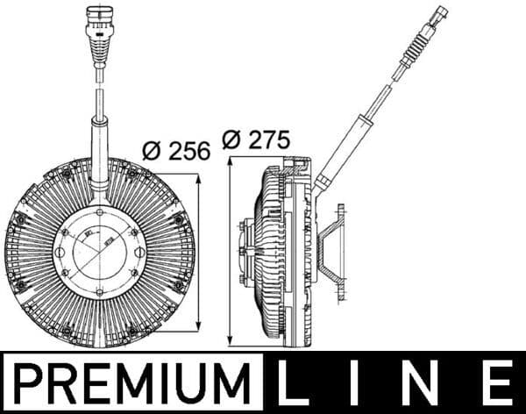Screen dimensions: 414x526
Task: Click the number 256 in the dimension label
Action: (x=189, y=150)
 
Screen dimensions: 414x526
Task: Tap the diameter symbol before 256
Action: (x=152, y=150)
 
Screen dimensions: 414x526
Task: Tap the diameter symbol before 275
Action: (x=232, y=139)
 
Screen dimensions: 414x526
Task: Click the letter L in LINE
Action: (x=296, y=384)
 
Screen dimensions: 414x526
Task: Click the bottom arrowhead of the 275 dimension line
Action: (x=230, y=342)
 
